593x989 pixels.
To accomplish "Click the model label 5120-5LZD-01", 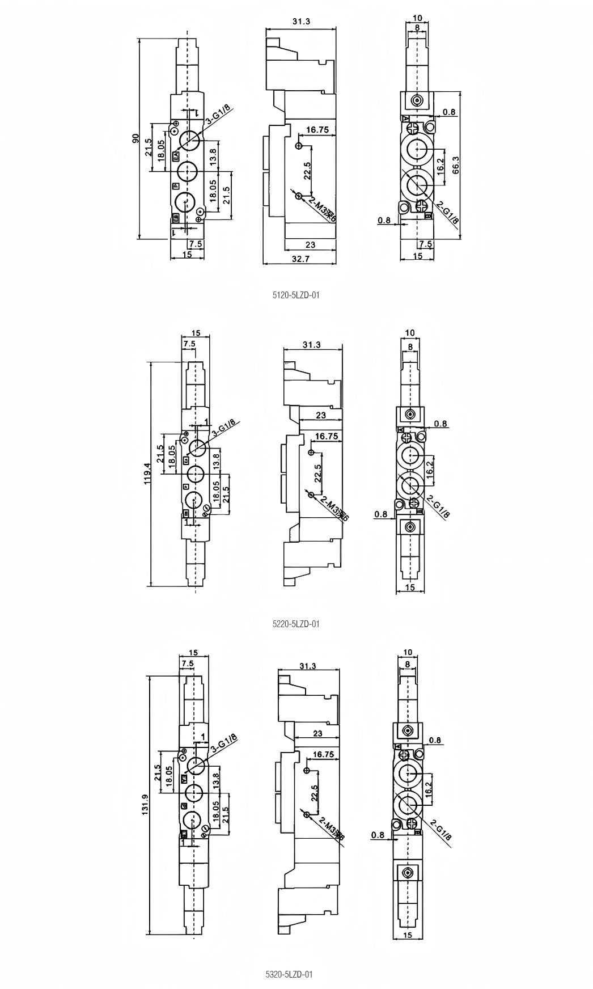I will coord(296,295).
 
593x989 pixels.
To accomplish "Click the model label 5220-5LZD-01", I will coord(296,624).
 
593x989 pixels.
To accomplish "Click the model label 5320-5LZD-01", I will coord(289,974).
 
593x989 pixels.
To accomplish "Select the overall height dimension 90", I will coord(135,138).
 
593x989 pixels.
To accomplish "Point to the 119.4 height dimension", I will coord(147,474).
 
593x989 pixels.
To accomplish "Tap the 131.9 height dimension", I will coord(145,804).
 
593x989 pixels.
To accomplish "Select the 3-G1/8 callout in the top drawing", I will coord(217,115).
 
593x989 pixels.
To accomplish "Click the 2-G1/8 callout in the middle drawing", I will coord(438,506).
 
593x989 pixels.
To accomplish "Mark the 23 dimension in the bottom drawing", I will coord(317,733).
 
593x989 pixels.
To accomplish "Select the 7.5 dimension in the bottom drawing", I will coord(187,663).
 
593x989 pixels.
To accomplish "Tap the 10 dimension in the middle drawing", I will coord(410,333).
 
